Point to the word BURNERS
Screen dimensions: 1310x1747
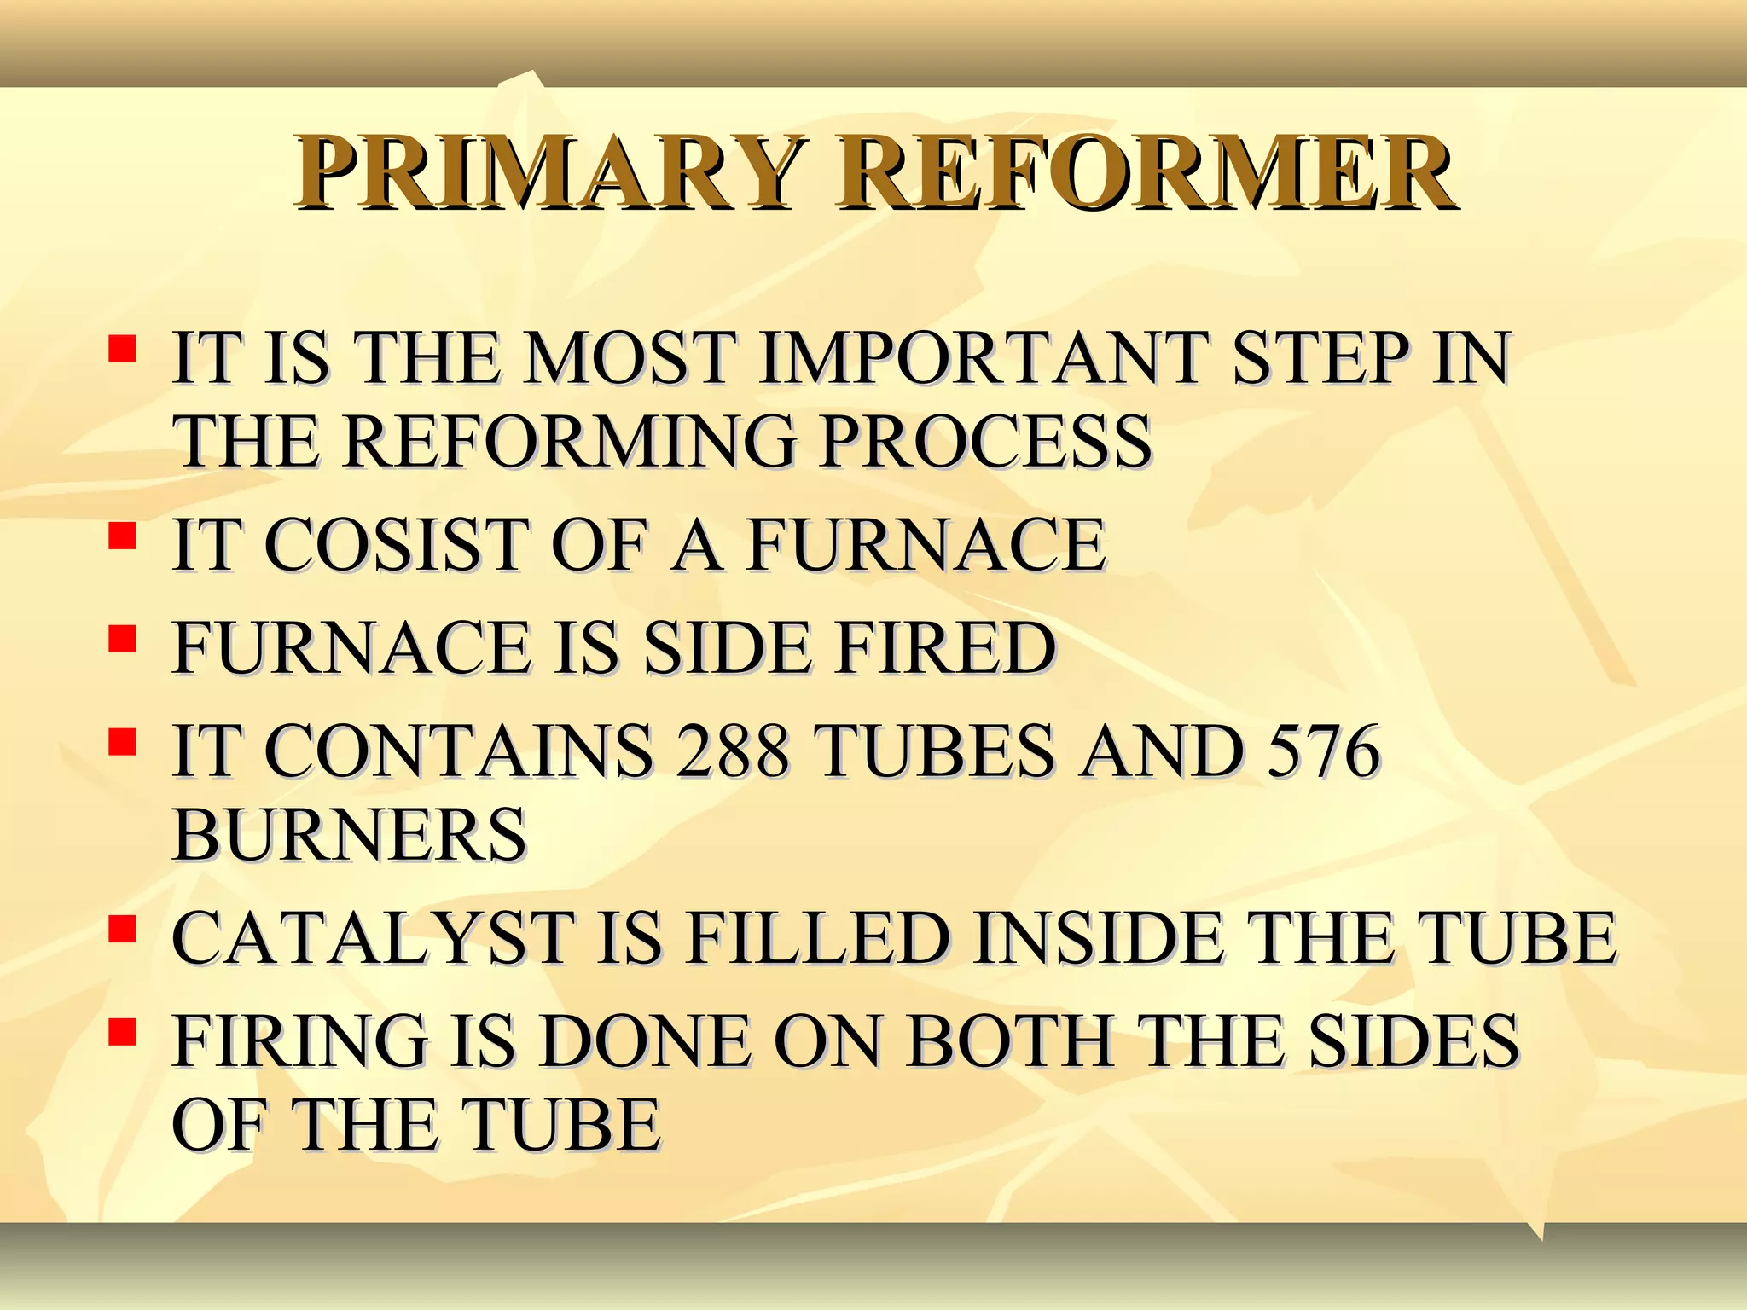[349, 836]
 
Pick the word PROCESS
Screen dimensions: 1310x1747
[985, 442]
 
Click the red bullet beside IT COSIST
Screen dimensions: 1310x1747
[123, 536]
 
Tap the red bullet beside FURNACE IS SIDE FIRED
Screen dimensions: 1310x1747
[123, 639]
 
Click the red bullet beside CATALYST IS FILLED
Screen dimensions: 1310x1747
[123, 929]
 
